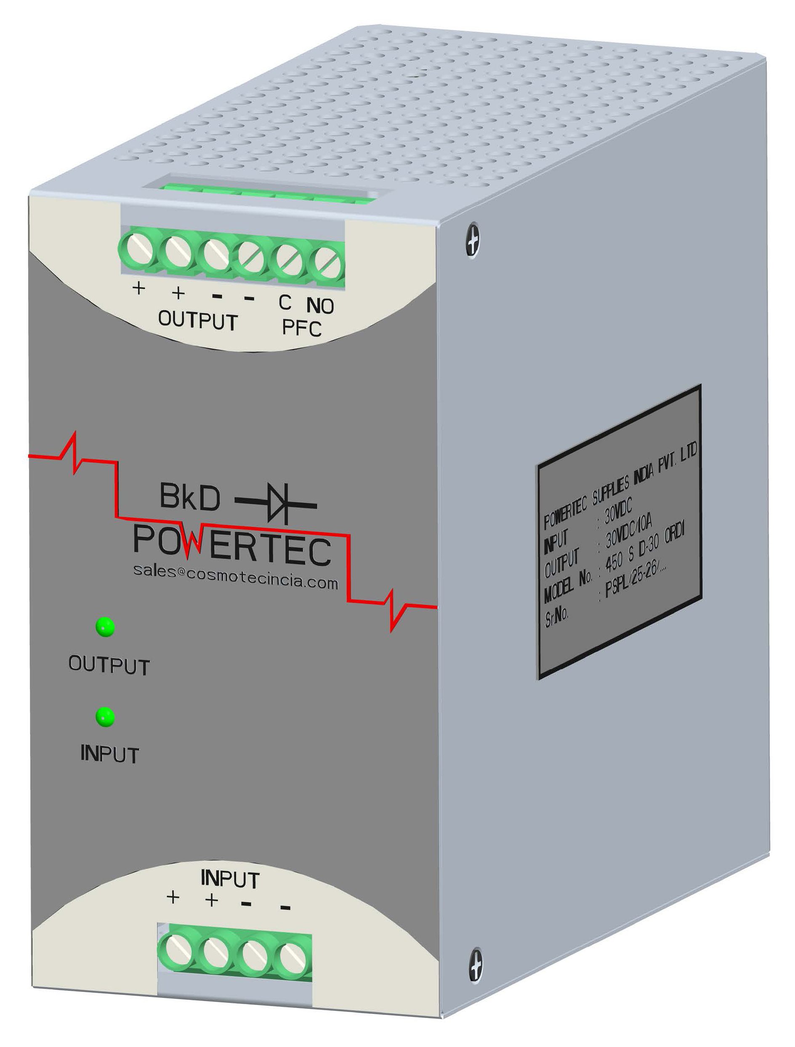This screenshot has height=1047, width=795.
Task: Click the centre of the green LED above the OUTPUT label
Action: click(105, 627)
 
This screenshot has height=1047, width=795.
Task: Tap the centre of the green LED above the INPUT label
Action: click(105, 717)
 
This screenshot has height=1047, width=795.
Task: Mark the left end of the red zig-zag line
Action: click(29, 456)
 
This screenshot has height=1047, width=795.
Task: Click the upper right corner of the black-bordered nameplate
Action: click(700, 386)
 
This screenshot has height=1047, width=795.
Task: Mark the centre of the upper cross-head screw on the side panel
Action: click(473, 241)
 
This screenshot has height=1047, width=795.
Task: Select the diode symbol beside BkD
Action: click(276, 503)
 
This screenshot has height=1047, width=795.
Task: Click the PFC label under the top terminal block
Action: click(302, 328)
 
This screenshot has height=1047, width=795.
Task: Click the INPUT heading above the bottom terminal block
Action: click(230, 880)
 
